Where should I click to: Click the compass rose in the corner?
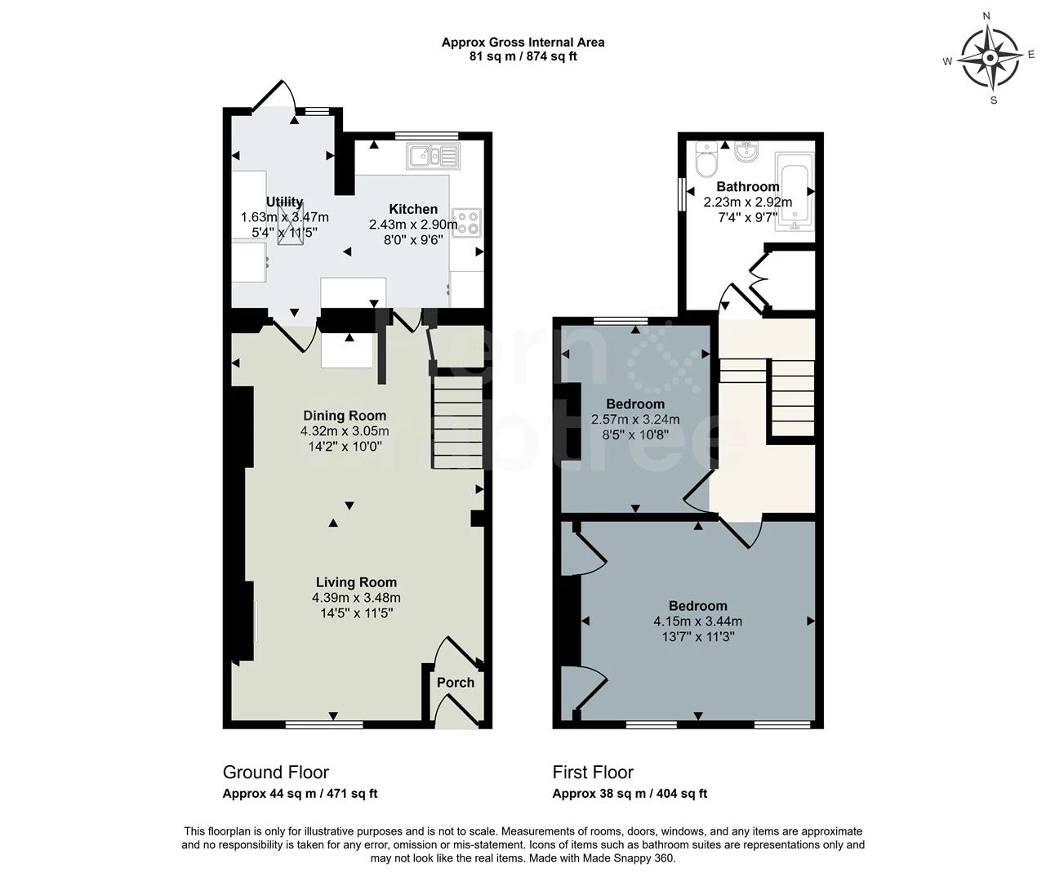coord(990,57)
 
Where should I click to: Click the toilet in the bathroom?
coord(706,159)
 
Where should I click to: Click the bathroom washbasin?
coord(745,151)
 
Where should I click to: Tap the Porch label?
coord(456,683)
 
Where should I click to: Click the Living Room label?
coord(357,582)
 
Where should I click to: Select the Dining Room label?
coord(345,416)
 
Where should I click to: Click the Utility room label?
coord(284,202)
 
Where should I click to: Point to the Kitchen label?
coord(413,209)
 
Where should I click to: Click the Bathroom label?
coord(748,187)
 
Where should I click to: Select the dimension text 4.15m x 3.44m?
coord(697,621)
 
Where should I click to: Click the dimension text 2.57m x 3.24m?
coord(635,420)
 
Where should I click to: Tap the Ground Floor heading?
coord(276,773)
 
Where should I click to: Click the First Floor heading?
coord(593,773)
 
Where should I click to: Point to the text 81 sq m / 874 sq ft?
coord(523,56)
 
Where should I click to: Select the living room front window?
coord(324,724)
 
